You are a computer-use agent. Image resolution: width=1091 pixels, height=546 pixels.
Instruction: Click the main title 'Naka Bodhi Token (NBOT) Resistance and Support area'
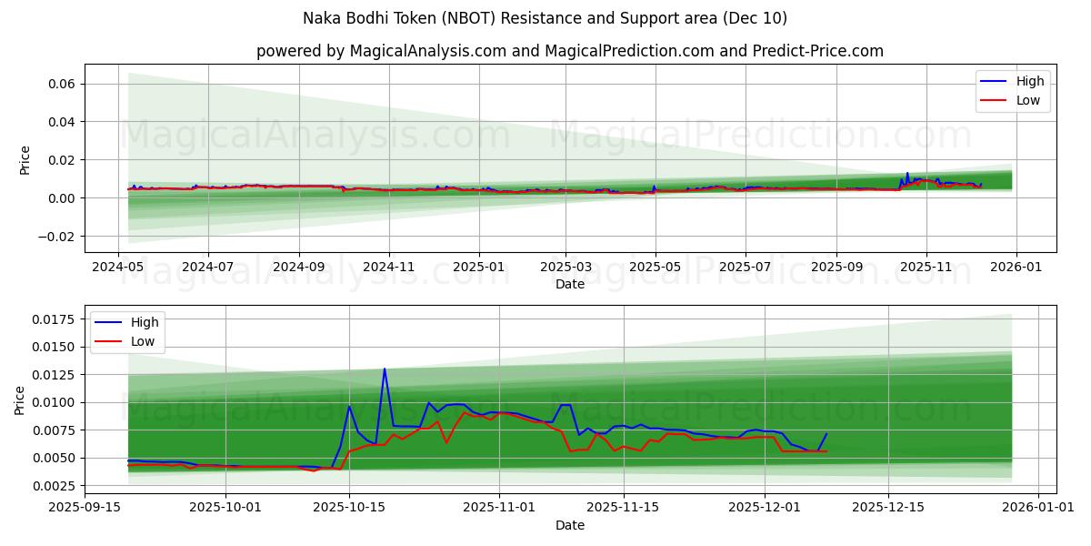(545, 18)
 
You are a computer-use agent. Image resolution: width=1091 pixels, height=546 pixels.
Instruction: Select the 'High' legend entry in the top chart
(1030, 82)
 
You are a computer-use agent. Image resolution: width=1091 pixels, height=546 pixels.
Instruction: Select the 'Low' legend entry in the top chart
(1028, 100)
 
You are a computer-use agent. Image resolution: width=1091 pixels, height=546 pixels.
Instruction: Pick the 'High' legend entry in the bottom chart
(144, 322)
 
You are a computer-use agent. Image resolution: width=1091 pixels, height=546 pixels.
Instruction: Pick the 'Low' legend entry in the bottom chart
(142, 341)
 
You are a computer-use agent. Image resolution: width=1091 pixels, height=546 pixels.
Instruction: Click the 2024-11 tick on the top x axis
(388, 268)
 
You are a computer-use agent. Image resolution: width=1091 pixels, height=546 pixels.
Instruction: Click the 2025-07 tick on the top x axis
(745, 268)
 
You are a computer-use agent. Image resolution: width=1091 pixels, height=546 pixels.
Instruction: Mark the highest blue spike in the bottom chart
(385, 369)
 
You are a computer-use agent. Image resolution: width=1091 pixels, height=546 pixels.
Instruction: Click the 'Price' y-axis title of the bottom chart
(20, 399)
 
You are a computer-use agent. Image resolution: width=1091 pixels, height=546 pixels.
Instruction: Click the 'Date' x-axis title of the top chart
(570, 284)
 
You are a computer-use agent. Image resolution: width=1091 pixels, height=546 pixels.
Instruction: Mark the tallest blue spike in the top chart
(906, 173)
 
